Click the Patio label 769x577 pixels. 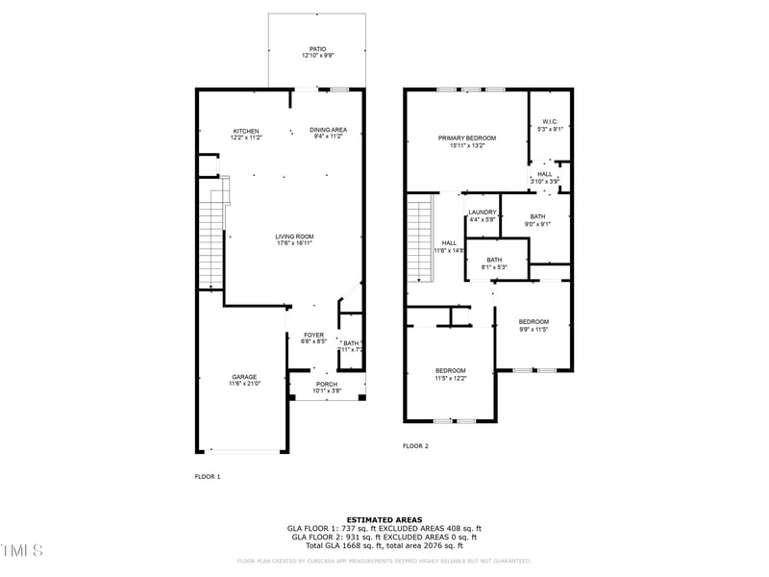[317, 52]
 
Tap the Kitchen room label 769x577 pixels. [246, 134]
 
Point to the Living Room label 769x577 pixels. [294, 239]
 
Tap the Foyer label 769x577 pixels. [314, 338]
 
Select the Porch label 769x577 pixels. [327, 387]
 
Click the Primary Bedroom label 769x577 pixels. [467, 141]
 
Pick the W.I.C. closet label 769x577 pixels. [550, 125]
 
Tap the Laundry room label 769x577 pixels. [483, 215]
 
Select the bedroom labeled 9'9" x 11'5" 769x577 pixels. [533, 325]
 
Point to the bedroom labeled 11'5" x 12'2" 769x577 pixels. [450, 374]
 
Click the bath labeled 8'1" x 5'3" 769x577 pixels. [494, 263]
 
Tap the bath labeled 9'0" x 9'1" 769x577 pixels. [537, 220]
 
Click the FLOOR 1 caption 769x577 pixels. [208, 476]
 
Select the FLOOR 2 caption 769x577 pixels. [415, 446]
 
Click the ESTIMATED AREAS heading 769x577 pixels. [384, 519]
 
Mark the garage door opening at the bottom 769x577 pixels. [242, 450]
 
